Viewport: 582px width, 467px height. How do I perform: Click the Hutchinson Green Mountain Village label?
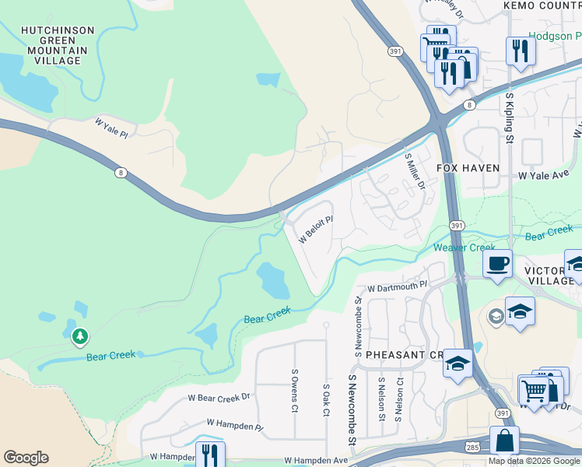58,45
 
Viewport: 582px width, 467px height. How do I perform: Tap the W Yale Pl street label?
110,128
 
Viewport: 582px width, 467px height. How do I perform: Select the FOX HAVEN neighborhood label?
467,168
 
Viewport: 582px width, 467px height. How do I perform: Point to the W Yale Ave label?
544,176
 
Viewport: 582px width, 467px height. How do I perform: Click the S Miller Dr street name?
414,171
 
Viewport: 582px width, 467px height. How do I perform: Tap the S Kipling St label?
510,119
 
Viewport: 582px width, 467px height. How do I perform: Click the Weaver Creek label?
465,248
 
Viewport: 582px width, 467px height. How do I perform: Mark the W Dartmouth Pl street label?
398,287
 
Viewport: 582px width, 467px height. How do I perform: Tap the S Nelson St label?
380,399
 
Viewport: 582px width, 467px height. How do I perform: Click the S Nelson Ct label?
400,399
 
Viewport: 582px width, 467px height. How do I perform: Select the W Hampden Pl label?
235,423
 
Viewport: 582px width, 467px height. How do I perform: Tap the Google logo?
26,458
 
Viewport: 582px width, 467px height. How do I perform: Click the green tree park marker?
79,336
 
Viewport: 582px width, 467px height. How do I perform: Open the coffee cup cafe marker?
496,262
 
